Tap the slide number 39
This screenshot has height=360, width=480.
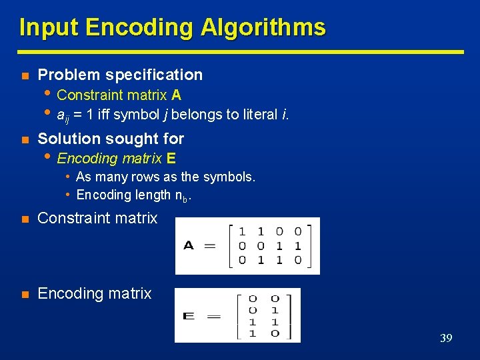pos(446,338)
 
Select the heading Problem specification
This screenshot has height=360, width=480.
pos(120,75)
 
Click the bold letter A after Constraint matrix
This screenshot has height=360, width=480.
pos(177,95)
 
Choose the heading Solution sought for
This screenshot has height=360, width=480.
pos(111,139)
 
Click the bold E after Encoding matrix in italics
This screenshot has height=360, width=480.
pos(172,159)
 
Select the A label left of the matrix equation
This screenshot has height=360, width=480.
pos(189,245)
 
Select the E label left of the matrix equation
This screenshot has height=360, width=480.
pos(189,315)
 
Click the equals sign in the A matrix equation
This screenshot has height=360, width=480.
pos(210,245)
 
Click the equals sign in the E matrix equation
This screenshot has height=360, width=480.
pos(213,315)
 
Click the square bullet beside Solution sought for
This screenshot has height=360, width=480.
pos(24,139)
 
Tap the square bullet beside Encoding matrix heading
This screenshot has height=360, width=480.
pos(24,294)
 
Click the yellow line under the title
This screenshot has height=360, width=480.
pos(240,51)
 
